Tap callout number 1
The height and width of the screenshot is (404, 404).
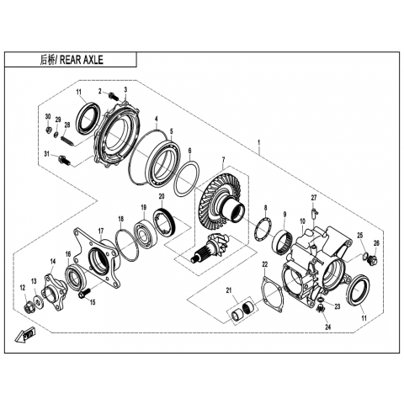click(259, 142)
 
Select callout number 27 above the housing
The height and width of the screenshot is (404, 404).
click(313, 198)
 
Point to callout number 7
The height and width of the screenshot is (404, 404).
click(223, 160)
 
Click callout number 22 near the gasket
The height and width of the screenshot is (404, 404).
click(265, 264)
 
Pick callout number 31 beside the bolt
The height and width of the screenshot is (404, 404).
click(46, 153)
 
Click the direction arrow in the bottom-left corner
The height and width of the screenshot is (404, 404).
click(25, 335)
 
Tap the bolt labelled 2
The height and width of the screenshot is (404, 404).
click(114, 95)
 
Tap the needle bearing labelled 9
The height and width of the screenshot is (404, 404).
click(283, 240)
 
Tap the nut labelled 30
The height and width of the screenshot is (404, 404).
click(49, 130)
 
